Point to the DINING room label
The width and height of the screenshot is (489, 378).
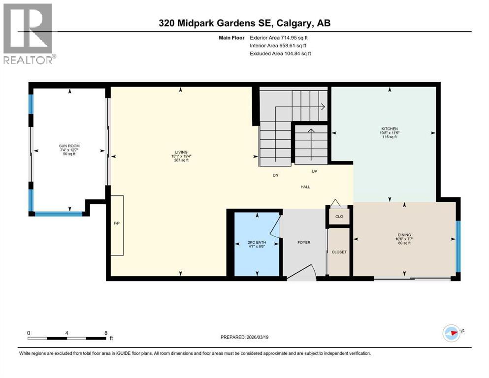pyautogui.click(x=404, y=235)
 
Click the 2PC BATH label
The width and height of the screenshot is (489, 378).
pyautogui.click(x=257, y=242)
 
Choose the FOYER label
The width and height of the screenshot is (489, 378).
pyautogui.click(x=304, y=242)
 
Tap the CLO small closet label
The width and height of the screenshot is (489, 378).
pyautogui.click(x=339, y=217)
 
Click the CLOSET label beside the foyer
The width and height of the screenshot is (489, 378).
pyautogui.click(x=339, y=252)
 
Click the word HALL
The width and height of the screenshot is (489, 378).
pyautogui.click(x=306, y=187)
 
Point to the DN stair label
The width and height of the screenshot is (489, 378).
pyautogui.click(x=276, y=175)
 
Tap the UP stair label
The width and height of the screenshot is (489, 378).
pyautogui.click(x=314, y=172)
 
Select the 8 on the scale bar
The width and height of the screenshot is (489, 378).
pyautogui.click(x=106, y=333)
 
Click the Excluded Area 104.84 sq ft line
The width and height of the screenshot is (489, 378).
pyautogui.click(x=280, y=53)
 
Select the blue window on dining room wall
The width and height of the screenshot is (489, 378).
pyautogui.click(x=458, y=246)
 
